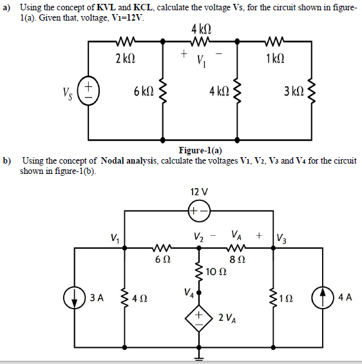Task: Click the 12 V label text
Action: pos(199,191)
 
